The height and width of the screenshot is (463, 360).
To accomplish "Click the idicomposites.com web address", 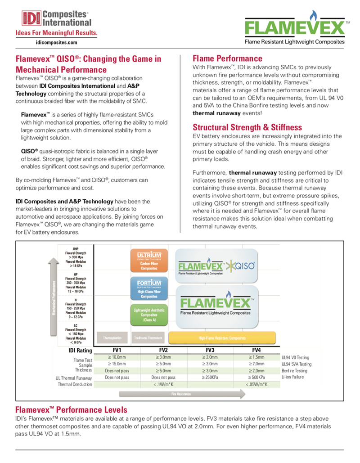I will click(56, 42).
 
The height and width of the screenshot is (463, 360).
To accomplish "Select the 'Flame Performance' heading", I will click(227, 58).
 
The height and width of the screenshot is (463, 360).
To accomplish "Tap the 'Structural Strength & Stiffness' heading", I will click(247, 127).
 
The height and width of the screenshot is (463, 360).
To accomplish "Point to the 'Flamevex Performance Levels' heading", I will click(71, 409).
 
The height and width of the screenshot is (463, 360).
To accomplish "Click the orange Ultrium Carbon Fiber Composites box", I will click(148, 260).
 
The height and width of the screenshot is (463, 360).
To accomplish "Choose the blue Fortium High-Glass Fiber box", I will click(148, 288).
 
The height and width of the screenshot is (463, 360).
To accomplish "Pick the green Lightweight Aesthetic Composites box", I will click(148, 315).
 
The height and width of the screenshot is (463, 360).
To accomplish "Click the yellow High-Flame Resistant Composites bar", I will click(222, 337).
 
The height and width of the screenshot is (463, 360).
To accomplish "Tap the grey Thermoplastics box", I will click(113, 337).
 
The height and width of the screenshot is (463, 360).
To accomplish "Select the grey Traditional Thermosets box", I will click(148, 337).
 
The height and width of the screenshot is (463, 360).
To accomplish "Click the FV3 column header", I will click(210, 350).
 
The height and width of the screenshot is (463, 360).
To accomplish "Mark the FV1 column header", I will click(116, 350).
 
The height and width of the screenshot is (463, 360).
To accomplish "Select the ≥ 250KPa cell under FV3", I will click(210, 377).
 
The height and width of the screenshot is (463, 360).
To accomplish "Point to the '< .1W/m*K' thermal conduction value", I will click(163, 384).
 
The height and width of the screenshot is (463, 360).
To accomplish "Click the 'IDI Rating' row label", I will click(81, 351).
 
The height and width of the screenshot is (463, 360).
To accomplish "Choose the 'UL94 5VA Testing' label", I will click(297, 364).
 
